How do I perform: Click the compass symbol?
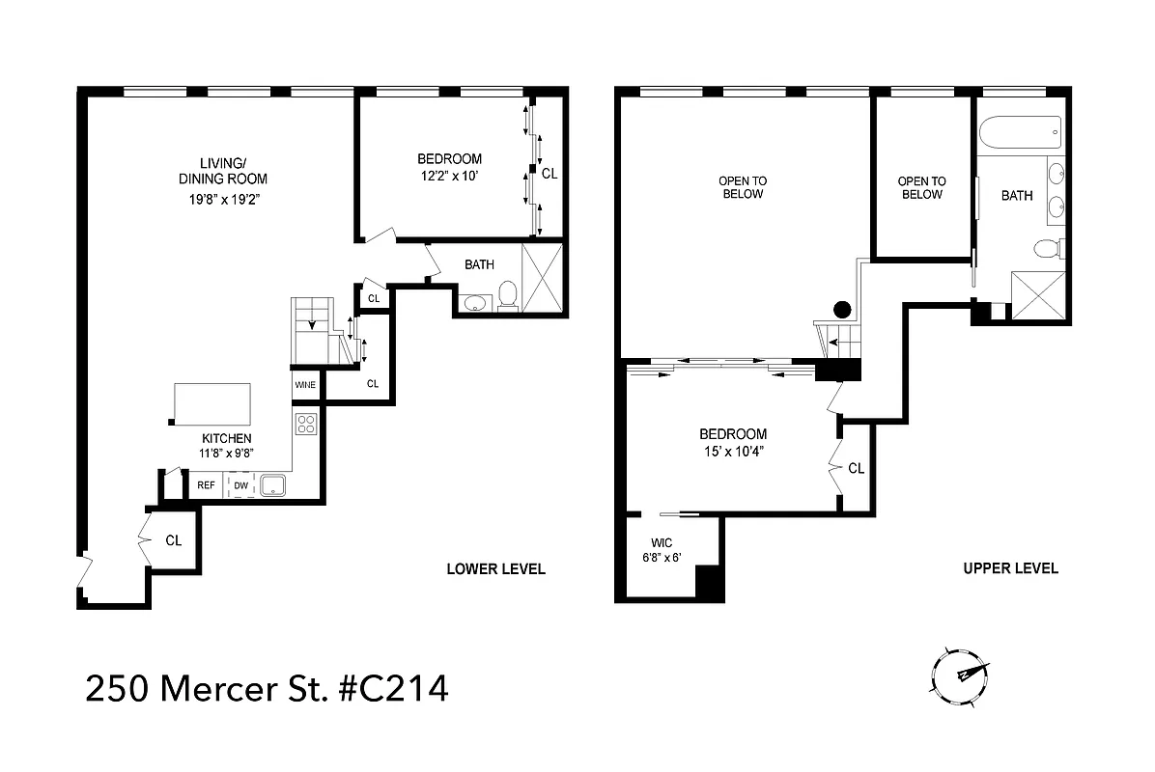[960, 674]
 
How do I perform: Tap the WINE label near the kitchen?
[305, 385]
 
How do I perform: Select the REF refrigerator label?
[206, 485]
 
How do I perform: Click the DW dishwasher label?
[240, 485]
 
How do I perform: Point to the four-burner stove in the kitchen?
[305, 425]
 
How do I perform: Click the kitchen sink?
[272, 485]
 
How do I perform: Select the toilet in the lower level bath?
[507, 296]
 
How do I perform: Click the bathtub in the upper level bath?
[1020, 129]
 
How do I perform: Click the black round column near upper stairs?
[842, 310]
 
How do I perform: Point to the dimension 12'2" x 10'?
[449, 176]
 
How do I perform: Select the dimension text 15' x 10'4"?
[733, 451]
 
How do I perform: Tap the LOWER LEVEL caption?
[495, 568]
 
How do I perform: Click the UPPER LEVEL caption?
[1010, 568]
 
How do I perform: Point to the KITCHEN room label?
[227, 438]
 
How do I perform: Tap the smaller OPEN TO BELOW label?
[921, 187]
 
